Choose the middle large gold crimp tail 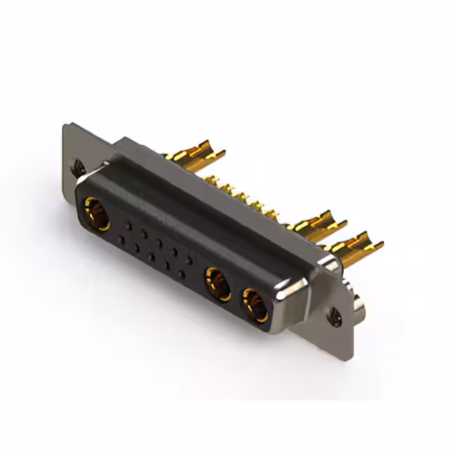320,224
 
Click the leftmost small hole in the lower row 122,239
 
